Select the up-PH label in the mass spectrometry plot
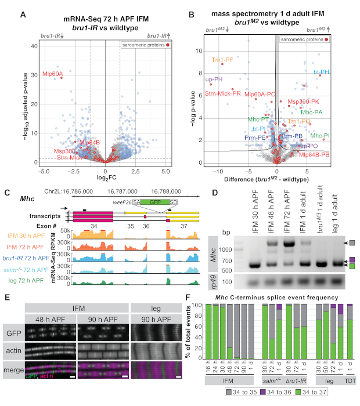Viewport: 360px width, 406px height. pos(214,79)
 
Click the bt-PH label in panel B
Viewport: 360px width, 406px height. pos(322,72)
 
